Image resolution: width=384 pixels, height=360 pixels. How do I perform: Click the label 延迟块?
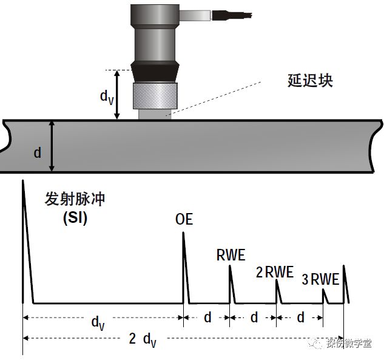(310, 81)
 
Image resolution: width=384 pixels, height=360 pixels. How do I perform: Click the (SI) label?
(75, 219)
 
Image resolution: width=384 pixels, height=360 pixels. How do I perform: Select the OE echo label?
(184, 219)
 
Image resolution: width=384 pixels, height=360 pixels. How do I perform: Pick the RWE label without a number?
(231, 256)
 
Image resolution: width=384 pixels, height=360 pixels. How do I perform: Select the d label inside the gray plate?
(38, 152)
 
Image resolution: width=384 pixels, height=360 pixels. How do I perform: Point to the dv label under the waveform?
(98, 321)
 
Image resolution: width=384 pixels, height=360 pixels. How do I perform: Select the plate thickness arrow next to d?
(53, 146)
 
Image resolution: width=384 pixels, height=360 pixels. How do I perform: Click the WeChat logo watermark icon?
(317, 343)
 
